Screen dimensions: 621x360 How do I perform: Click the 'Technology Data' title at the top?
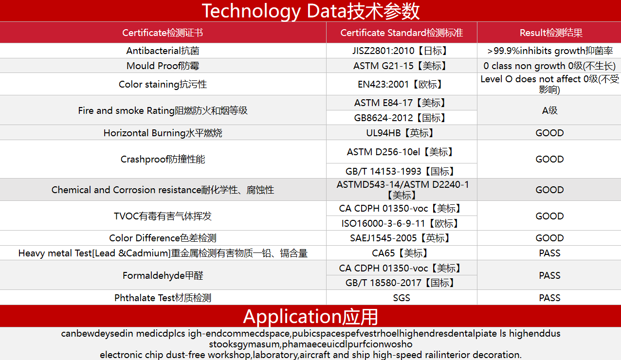tap(310, 11)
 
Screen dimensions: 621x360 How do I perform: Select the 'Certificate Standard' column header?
tap(402, 33)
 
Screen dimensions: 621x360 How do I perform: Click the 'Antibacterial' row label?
tap(163, 51)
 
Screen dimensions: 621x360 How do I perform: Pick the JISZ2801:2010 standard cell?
tap(401, 51)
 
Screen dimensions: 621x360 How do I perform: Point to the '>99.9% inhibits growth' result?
tap(550, 51)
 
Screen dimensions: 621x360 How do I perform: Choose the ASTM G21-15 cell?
tap(401, 66)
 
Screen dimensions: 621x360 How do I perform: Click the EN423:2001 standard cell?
tap(401, 84)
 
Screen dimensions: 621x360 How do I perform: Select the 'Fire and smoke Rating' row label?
tap(163, 110)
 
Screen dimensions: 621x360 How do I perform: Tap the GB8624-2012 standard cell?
tap(401, 118)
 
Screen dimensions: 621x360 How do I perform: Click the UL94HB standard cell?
tap(401, 133)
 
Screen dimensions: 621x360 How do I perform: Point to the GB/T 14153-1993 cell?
tap(401, 171)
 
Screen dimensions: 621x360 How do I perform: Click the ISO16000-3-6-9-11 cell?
tap(401, 223)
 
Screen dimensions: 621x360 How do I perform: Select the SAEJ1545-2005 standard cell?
tap(401, 238)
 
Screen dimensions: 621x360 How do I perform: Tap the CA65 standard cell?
tap(401, 253)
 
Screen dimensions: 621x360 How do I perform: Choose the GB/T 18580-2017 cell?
tap(401, 283)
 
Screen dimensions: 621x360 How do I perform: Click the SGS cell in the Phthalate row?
tap(402, 298)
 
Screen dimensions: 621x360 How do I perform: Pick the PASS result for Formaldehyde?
tap(549, 275)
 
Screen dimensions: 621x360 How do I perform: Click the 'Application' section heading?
tap(310, 317)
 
